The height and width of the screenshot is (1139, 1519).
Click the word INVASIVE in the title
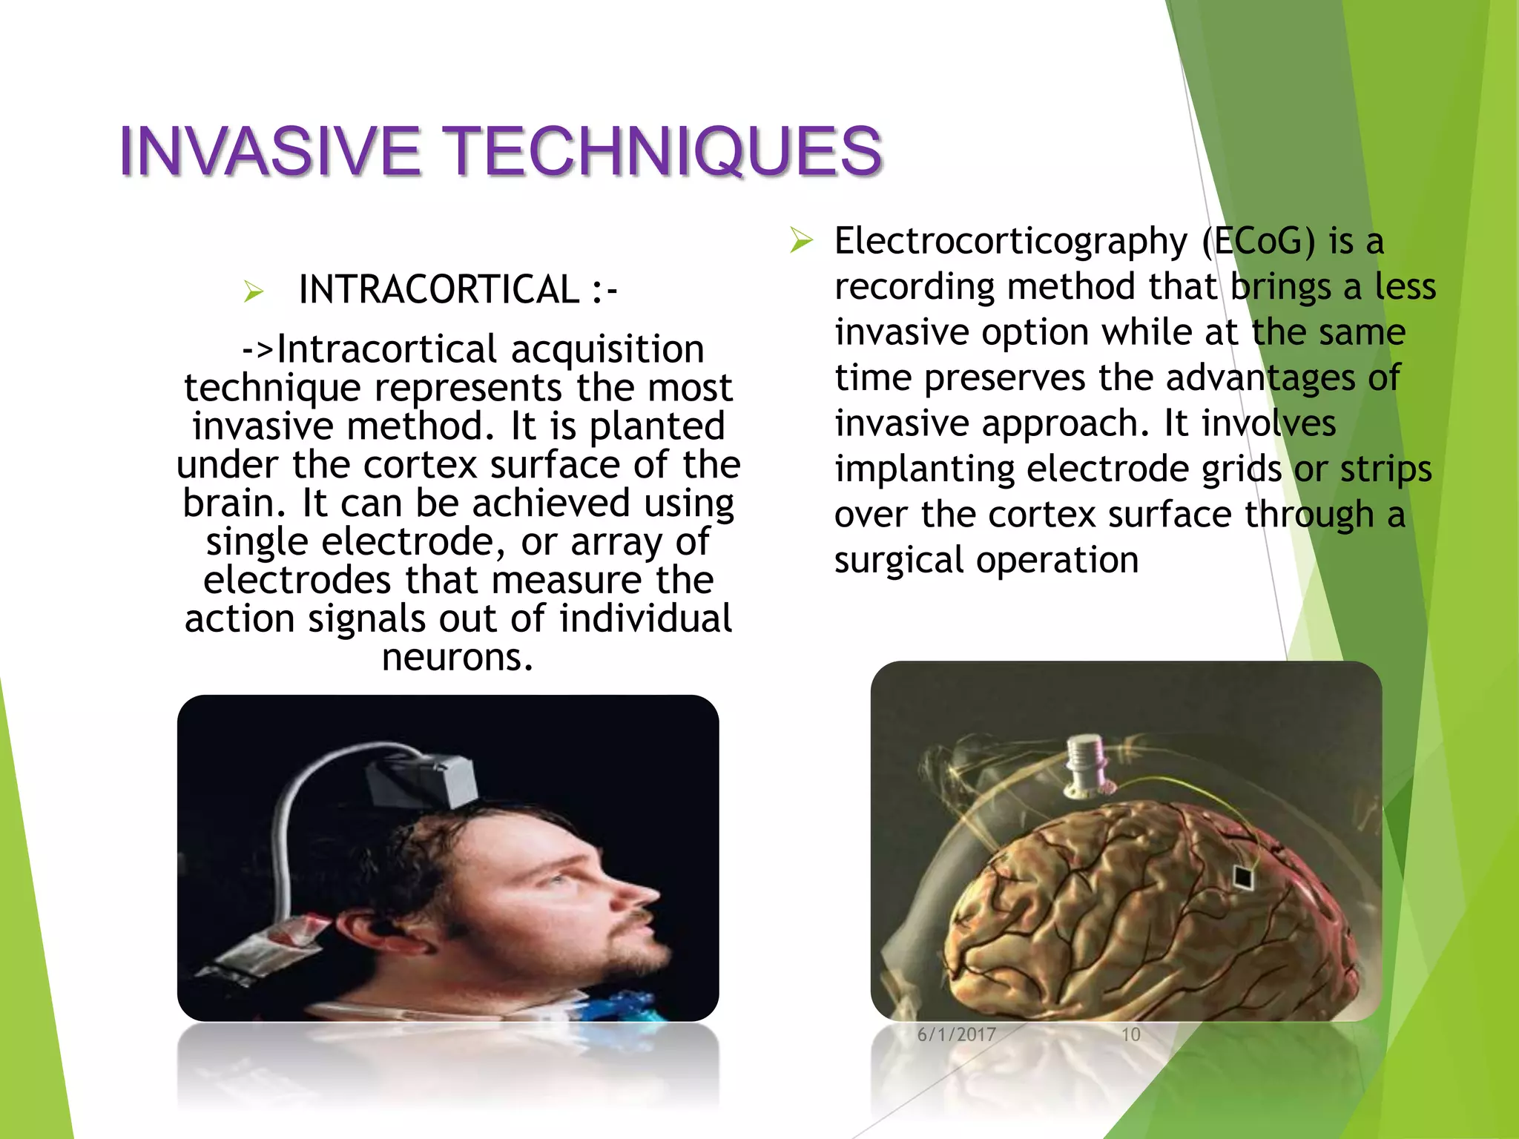click(x=269, y=151)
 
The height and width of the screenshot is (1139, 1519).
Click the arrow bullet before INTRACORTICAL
click(x=253, y=292)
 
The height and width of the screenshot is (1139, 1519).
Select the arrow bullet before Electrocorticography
click(x=801, y=241)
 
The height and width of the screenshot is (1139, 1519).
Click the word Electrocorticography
click(x=1010, y=242)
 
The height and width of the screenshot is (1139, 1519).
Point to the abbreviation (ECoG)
click(x=1258, y=242)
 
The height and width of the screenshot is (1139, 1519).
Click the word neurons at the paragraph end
click(x=457, y=657)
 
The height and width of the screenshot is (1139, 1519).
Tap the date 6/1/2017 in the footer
click(x=956, y=1034)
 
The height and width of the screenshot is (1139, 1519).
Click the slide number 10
click(x=1130, y=1034)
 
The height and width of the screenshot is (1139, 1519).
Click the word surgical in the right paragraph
click(x=899, y=561)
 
